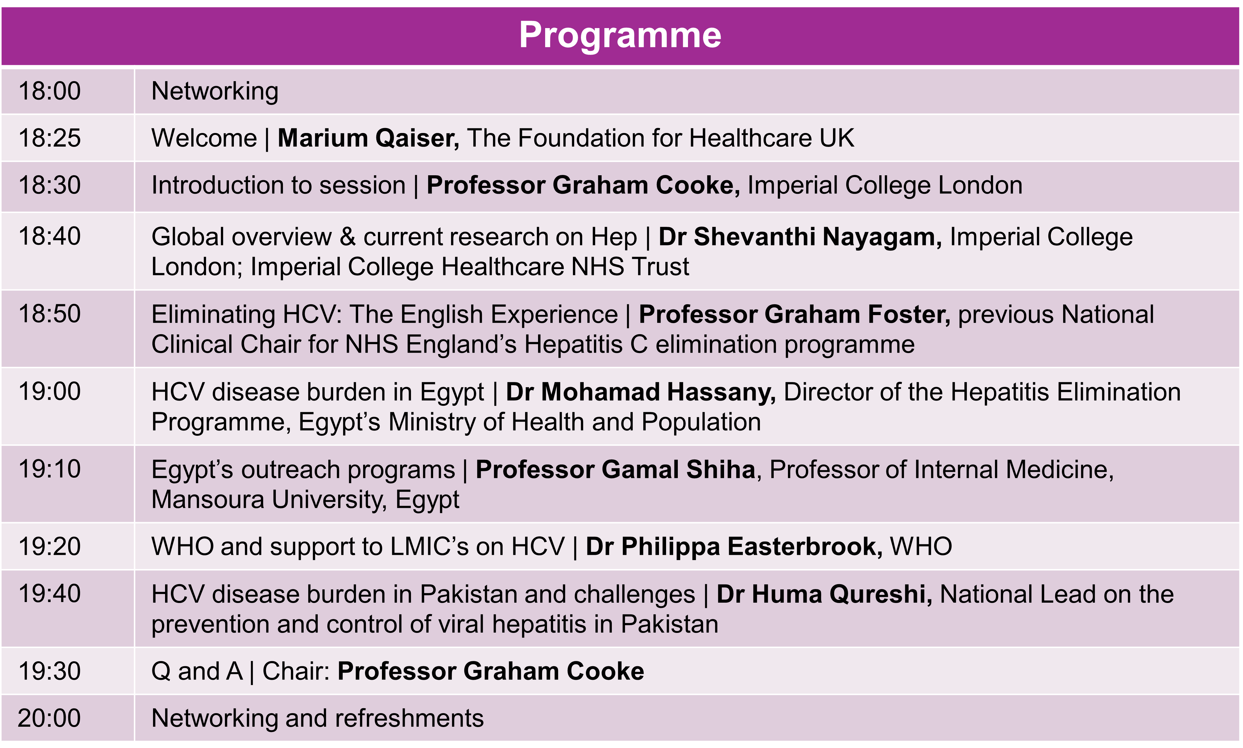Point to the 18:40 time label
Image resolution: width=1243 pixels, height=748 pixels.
coord(49,236)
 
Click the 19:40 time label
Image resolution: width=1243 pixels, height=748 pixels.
coord(49,594)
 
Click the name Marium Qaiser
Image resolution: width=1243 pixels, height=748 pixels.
coord(368,139)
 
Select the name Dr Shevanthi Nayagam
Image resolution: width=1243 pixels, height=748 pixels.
coord(800,237)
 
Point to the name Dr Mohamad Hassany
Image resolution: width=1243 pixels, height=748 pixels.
coord(640,393)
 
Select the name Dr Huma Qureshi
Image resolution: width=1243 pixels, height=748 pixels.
coord(824,595)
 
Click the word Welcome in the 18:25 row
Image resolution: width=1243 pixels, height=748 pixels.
coord(204,138)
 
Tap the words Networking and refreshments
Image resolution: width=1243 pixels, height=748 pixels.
coord(317,719)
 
